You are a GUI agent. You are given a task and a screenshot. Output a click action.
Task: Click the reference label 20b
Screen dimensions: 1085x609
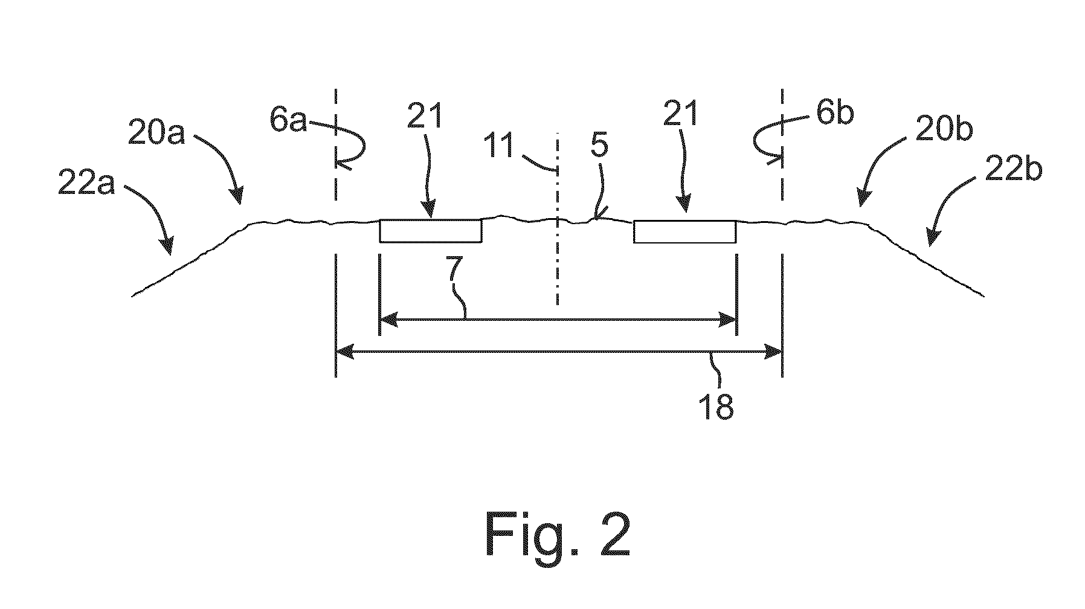coord(943,130)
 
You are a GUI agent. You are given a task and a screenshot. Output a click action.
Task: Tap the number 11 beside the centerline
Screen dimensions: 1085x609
coord(501,146)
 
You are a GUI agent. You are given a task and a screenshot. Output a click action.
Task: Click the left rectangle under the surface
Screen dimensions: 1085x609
coord(431,231)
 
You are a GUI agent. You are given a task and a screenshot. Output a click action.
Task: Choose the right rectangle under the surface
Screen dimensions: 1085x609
coord(685,231)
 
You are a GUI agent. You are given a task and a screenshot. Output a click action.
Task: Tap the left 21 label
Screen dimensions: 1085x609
coord(424,115)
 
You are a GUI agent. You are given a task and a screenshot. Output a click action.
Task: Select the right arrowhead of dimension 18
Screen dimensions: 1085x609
coord(773,351)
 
